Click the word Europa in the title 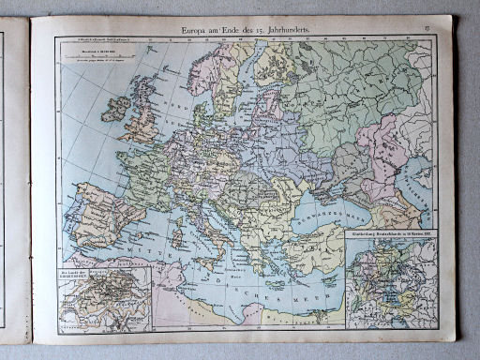[x=198, y=31]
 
